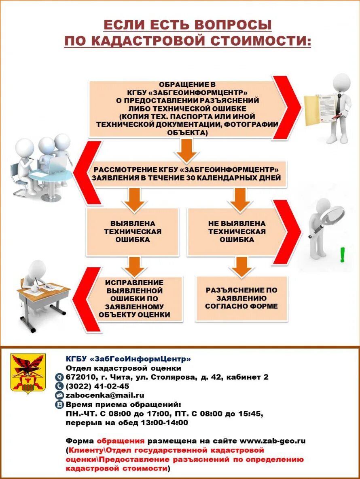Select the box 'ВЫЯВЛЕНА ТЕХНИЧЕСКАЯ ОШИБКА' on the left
tap(133, 232)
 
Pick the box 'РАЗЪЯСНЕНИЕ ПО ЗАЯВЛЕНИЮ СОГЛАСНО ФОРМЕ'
tap(241, 298)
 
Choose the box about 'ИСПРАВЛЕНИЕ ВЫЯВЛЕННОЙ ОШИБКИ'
tap(135, 299)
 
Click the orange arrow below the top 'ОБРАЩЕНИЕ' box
tap(186, 151)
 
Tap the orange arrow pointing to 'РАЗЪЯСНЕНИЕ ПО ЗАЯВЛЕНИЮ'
tap(242, 267)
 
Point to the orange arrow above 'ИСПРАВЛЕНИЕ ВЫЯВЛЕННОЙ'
tap(135, 267)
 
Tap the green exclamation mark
tap(343, 255)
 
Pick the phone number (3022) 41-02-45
tap(97, 386)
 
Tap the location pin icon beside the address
tap(59, 377)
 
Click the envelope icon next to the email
tap(59, 395)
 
